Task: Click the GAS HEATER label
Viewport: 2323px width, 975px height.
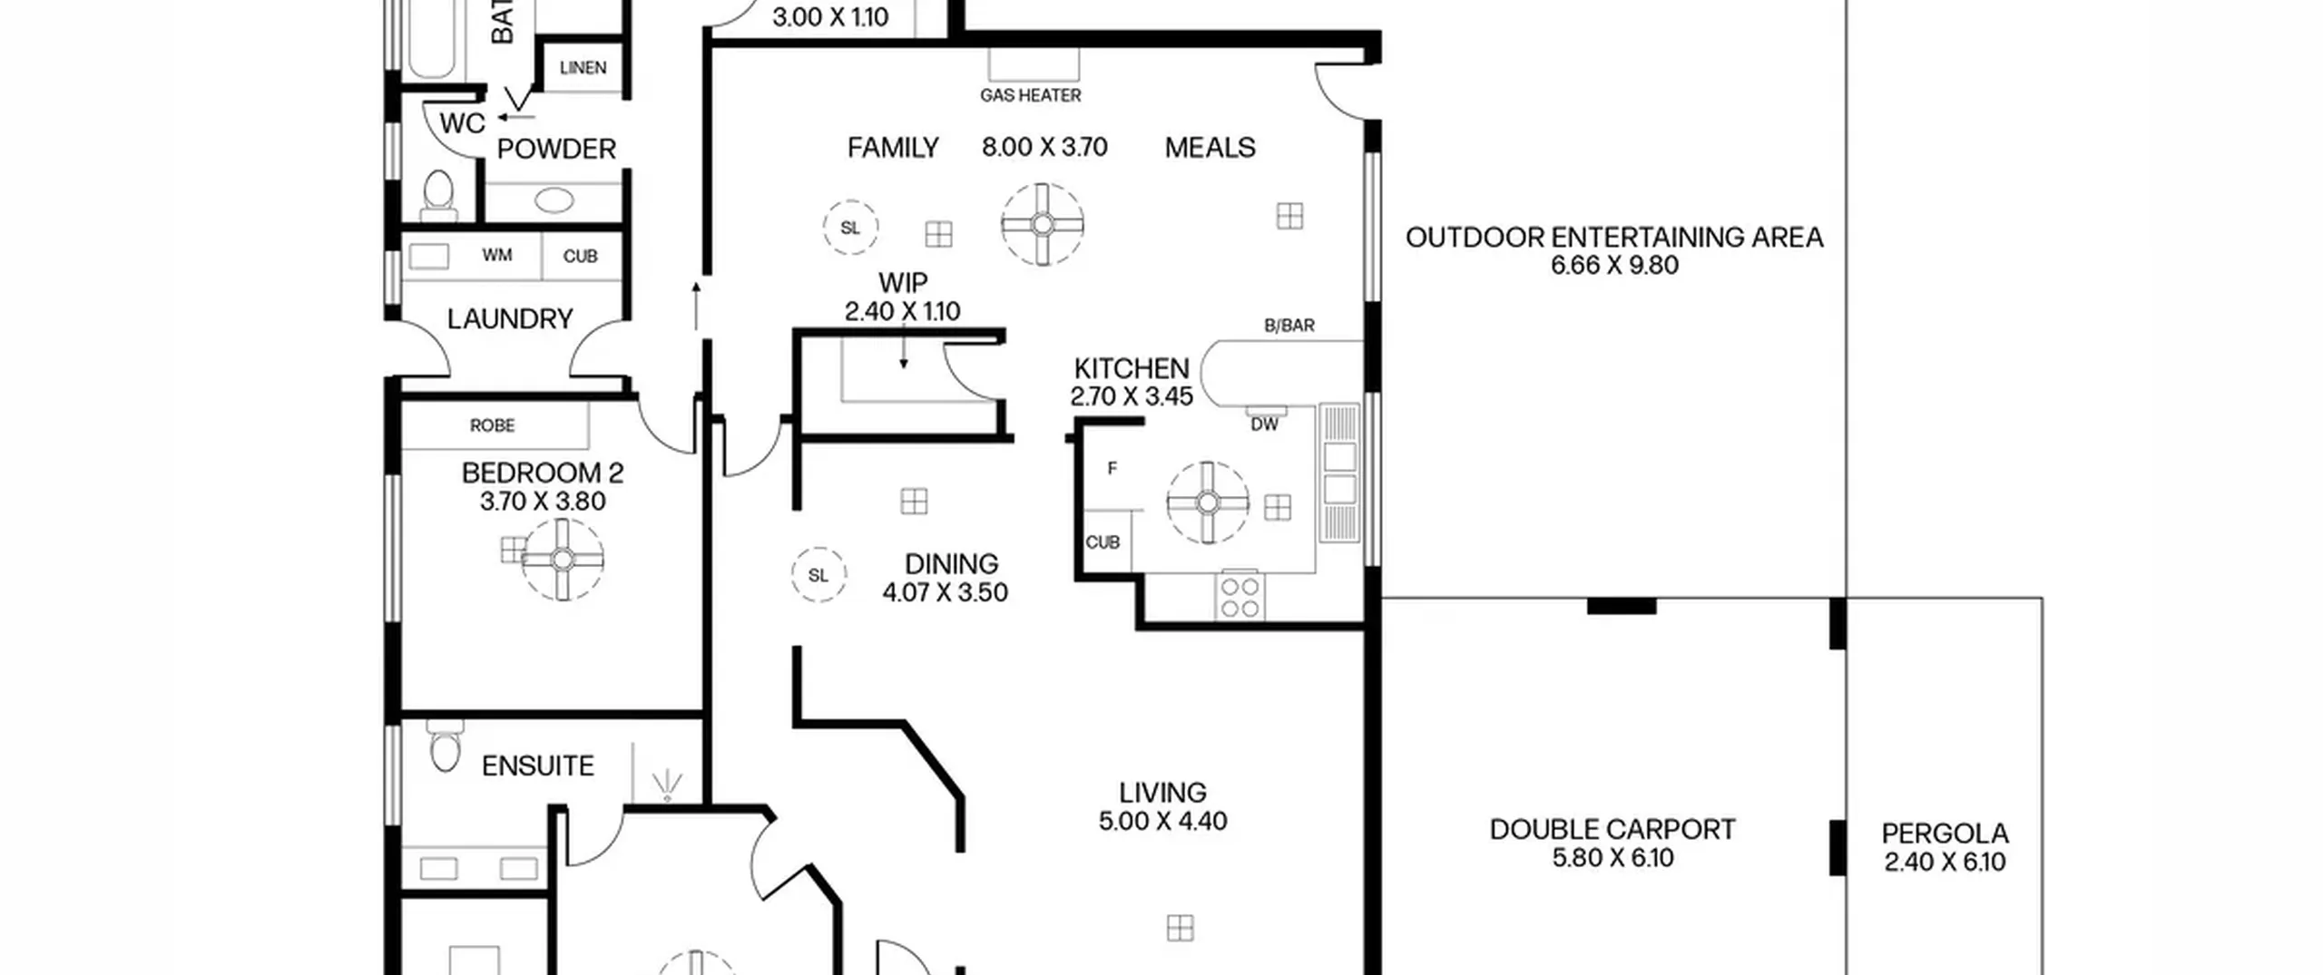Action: (x=1030, y=95)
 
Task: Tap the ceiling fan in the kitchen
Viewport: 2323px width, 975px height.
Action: (x=1208, y=502)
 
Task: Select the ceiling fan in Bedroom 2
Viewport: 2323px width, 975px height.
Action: (x=563, y=560)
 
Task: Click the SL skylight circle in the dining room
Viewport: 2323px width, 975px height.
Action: (x=818, y=575)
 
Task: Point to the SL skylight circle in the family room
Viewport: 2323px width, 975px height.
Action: (x=850, y=228)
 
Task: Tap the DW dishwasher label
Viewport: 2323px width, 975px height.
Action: (x=1264, y=424)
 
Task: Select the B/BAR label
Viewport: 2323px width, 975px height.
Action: (x=1289, y=326)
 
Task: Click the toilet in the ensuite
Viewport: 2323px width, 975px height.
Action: (x=445, y=747)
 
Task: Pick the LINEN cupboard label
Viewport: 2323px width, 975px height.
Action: (x=583, y=68)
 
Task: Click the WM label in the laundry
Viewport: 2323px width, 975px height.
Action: (x=497, y=256)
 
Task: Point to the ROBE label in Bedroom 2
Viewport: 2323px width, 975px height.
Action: (x=493, y=425)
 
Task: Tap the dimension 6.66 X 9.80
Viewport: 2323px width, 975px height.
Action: (x=1614, y=266)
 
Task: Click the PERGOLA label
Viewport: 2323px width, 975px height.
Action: (x=1945, y=834)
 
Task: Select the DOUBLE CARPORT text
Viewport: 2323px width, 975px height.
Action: (x=1612, y=830)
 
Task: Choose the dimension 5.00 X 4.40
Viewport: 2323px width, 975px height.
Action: (x=1162, y=822)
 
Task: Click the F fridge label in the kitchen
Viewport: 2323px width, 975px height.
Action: (x=1112, y=469)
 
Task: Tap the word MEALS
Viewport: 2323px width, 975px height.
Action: (x=1210, y=148)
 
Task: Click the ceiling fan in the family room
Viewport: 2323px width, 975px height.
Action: (x=1043, y=224)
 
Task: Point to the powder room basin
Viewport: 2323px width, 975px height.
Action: (x=554, y=200)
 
